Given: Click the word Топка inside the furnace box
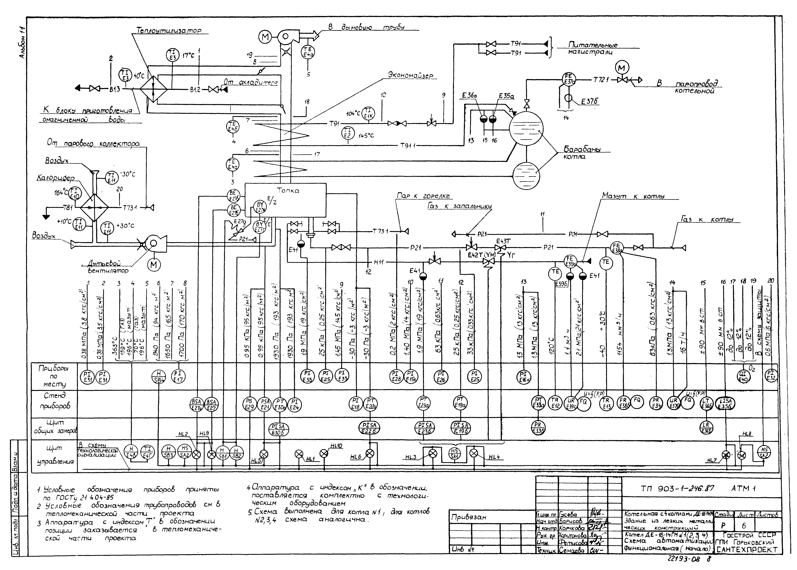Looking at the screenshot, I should pyautogui.click(x=288, y=191).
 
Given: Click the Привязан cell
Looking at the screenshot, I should pyautogui.click(x=469, y=517).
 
